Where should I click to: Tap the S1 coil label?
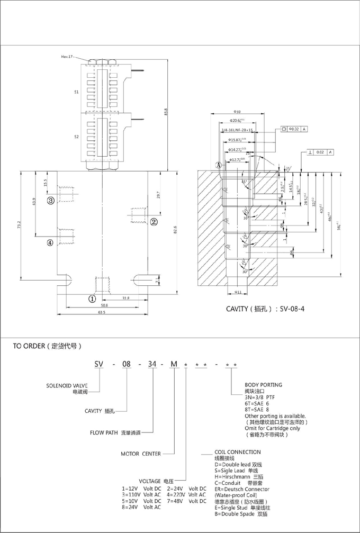76,92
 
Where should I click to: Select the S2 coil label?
76,137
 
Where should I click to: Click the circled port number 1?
92,298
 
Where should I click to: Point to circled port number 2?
154,221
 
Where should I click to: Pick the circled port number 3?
50,201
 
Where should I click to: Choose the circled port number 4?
50,243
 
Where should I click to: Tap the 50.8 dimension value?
104,305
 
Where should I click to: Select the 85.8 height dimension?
166,112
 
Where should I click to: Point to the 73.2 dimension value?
18,225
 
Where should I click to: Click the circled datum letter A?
218,165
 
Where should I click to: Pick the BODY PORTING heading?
263,385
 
